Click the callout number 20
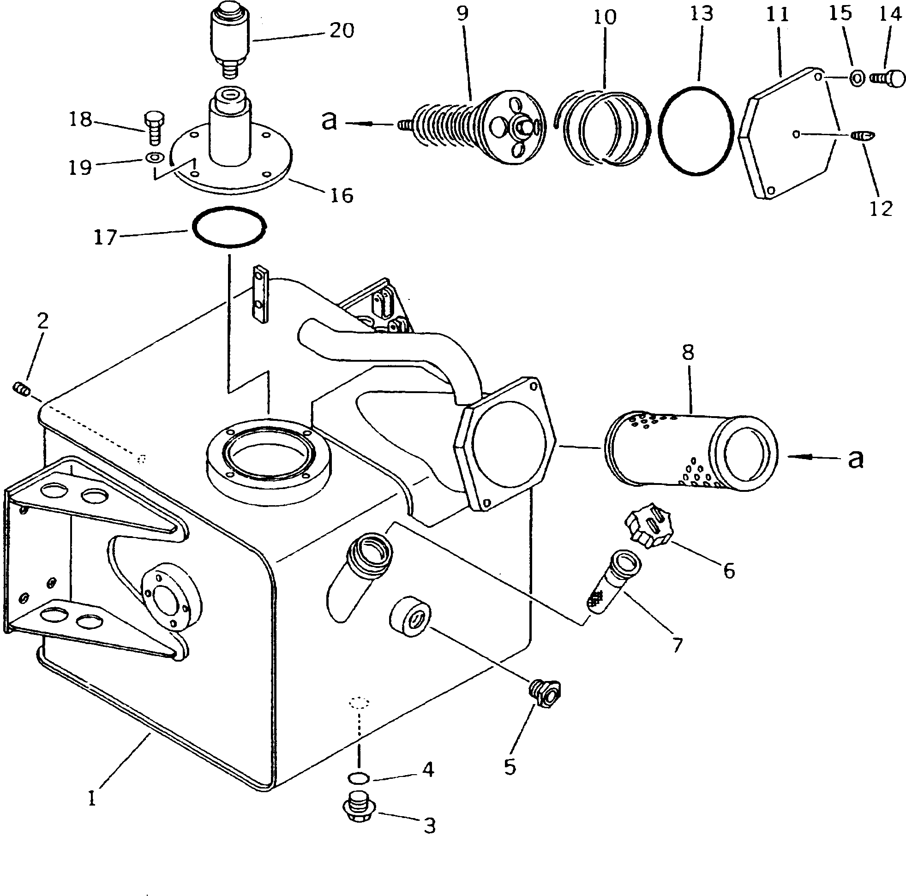341,31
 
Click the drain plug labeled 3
359,813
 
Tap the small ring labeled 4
359,779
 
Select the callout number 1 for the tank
92,798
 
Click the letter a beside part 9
329,120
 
